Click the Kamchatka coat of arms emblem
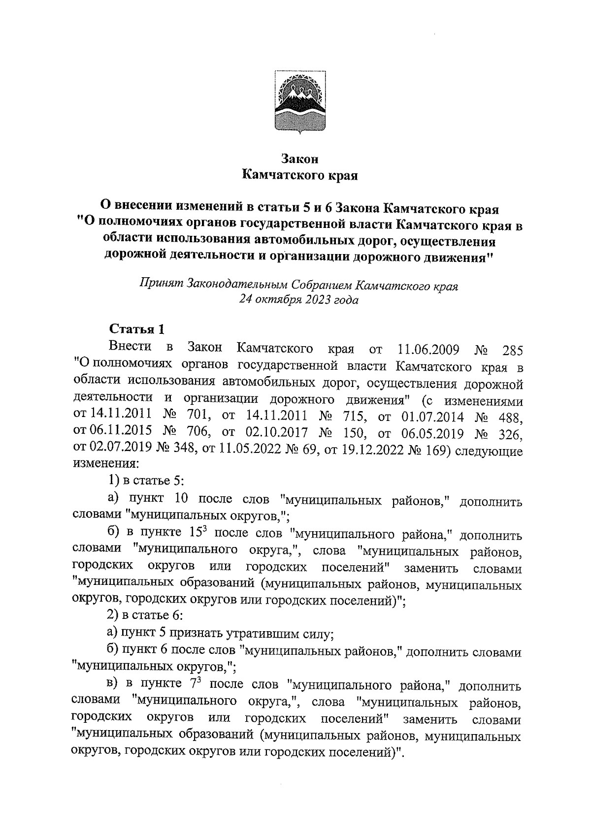[x=299, y=102]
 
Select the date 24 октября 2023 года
[x=298, y=299]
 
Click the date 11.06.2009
[x=428, y=349]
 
